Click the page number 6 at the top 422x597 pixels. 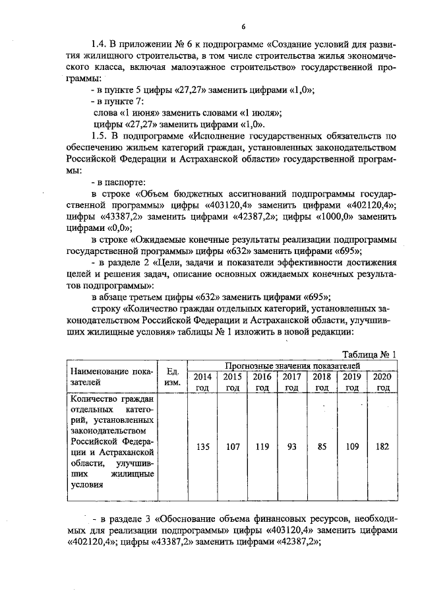point(243,26)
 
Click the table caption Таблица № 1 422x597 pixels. point(370,354)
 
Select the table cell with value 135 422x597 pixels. point(202,447)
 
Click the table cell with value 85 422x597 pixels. point(321,447)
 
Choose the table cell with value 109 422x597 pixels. point(352,447)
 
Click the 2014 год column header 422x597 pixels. point(202,381)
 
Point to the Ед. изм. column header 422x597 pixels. point(173,377)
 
